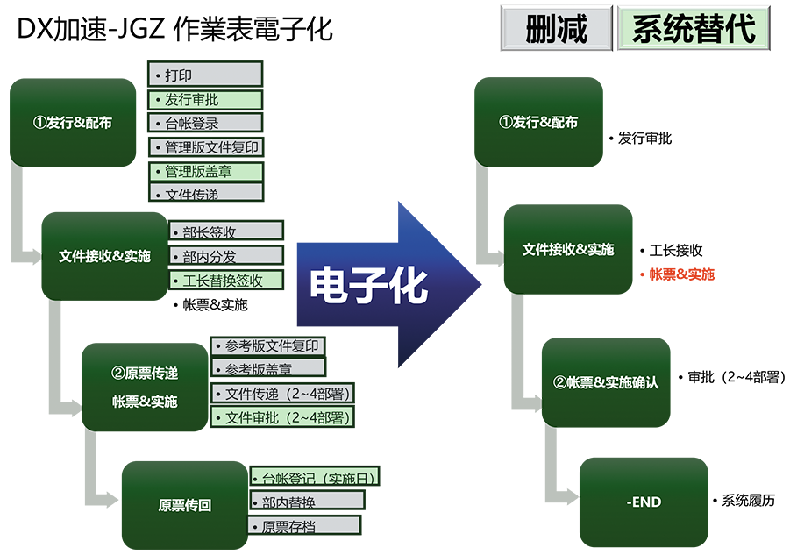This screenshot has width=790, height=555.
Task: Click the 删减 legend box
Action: [557, 29]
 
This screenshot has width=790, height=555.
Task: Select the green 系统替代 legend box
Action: [693, 29]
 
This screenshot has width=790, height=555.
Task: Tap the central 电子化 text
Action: [368, 286]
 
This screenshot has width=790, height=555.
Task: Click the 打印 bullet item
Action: [205, 75]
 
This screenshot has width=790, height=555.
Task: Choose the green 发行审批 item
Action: [205, 99]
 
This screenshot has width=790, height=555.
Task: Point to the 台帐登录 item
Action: [205, 123]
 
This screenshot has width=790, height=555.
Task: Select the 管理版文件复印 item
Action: [205, 147]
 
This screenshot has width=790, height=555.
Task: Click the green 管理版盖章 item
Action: [205, 171]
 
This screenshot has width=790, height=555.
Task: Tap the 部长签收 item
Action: [225, 232]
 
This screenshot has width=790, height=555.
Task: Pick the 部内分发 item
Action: [225, 256]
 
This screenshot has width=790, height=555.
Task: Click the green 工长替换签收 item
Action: [225, 281]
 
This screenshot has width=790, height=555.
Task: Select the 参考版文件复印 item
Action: [267, 345]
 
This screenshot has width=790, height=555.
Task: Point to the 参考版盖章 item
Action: [267, 368]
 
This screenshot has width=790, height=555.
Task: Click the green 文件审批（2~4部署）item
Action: [282, 417]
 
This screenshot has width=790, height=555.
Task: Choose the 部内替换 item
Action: [306, 502]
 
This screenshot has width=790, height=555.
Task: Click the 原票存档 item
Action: [303, 526]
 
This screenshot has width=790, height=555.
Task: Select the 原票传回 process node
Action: [184, 505]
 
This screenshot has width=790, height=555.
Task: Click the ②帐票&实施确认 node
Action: [605, 382]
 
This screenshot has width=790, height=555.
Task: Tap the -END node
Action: [644, 502]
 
